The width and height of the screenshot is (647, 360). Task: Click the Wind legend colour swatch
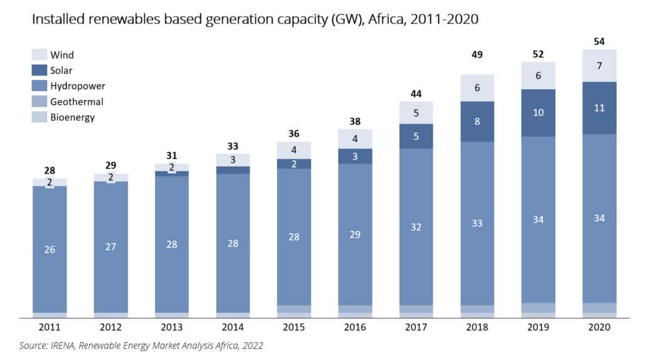tap(39, 55)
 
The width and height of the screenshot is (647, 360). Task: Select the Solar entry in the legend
tap(61, 70)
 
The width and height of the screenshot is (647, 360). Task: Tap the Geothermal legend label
tap(77, 102)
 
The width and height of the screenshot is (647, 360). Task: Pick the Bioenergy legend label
tap(72, 117)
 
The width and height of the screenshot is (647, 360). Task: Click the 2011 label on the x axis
tap(50, 327)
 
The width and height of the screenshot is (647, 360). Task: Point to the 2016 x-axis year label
tap(355, 327)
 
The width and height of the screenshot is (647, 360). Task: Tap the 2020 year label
tap(599, 327)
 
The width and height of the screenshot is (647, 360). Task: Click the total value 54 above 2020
tap(599, 41)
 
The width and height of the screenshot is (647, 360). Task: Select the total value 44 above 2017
tap(416, 94)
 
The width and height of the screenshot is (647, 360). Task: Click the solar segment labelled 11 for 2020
tap(599, 108)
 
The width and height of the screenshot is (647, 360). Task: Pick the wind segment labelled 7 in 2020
tap(599, 65)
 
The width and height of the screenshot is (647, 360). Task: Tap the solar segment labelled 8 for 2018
tap(477, 121)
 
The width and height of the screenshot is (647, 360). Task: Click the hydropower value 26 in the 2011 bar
tap(50, 249)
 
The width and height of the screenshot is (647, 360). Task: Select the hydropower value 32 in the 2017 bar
tap(416, 227)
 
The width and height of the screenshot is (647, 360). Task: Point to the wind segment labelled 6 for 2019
tap(538, 75)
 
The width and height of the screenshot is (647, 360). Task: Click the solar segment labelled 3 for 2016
tap(355, 156)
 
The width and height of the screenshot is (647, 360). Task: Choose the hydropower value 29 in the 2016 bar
tap(355, 234)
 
